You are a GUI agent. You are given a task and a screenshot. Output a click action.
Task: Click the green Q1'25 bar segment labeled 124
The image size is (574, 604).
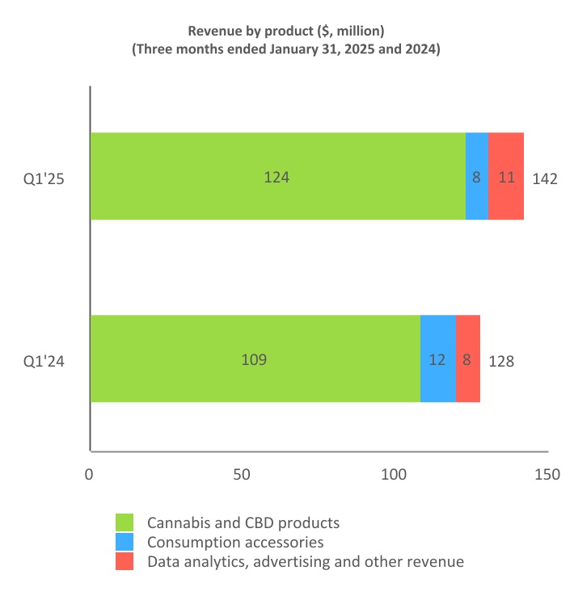tap(277, 177)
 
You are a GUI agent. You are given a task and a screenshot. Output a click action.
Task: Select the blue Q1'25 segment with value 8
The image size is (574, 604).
tap(477, 177)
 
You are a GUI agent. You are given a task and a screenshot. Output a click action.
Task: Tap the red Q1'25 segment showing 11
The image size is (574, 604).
tap(506, 177)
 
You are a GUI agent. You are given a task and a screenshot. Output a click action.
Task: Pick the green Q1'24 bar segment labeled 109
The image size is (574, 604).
tap(255, 359)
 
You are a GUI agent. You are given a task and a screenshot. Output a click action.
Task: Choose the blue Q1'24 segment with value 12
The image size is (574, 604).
tap(437, 359)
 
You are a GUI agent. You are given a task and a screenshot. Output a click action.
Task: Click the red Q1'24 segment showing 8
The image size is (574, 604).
tap(467, 359)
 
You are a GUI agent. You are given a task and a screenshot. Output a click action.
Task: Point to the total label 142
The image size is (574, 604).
tap(545, 178)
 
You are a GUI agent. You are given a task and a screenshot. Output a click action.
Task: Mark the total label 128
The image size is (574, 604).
tap(501, 361)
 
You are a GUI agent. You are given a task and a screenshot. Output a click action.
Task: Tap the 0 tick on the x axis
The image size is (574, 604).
tap(89, 476)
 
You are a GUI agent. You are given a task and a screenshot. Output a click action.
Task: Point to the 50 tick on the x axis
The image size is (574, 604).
tap(242, 476)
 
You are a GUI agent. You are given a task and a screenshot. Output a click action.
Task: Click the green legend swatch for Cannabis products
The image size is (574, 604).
tap(125, 522)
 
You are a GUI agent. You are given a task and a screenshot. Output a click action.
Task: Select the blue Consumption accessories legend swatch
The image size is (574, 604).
tap(125, 542)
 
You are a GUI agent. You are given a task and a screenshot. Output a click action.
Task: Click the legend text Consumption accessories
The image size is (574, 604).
tap(235, 543)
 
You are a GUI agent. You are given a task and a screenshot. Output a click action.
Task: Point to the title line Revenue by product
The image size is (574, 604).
tap(285, 31)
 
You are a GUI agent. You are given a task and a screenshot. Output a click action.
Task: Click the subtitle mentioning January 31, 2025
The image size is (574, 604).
tap(285, 50)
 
